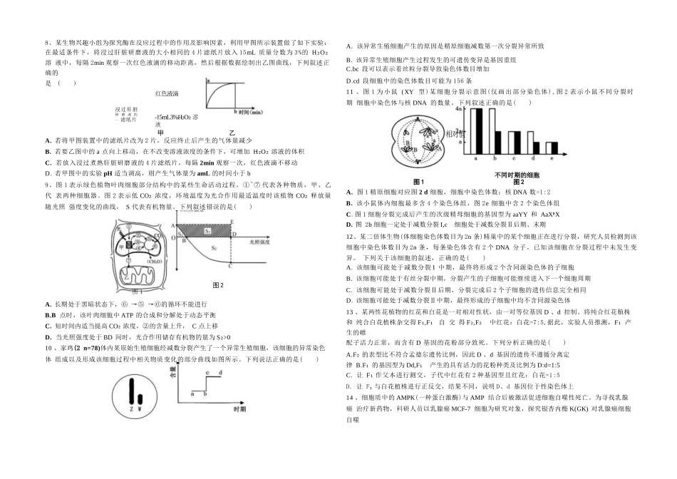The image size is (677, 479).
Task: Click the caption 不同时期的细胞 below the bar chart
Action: pyautogui.click(x=517, y=175)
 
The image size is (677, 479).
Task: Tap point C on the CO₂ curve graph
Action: pyautogui.click(x=232, y=267)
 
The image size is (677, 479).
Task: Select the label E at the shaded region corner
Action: pyautogui.click(x=232, y=222)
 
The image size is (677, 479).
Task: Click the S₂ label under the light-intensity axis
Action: pyautogui.click(x=214, y=247)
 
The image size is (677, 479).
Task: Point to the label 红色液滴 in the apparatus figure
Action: pyautogui.click(x=166, y=93)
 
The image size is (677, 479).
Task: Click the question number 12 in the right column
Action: pyautogui.click(x=349, y=235)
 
